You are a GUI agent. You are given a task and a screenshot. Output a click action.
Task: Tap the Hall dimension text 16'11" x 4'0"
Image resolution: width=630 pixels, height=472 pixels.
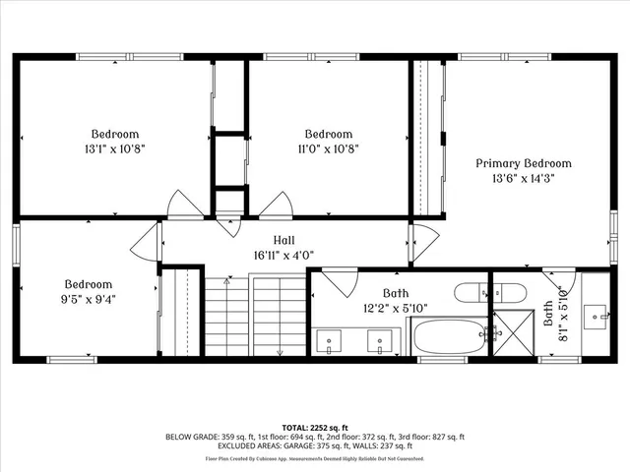point(285,254)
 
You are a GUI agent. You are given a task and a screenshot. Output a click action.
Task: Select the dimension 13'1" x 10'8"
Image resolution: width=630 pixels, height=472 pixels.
point(115,149)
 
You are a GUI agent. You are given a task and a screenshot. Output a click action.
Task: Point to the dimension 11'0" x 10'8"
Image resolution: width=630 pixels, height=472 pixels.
point(328,149)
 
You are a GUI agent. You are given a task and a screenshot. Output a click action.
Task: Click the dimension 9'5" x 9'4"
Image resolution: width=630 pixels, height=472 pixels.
point(89,301)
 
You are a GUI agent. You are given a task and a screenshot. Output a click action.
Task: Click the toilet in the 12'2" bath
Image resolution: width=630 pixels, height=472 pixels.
point(472,292)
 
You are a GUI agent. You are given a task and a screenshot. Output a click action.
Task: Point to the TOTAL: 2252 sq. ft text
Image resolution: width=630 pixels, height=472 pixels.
point(315,426)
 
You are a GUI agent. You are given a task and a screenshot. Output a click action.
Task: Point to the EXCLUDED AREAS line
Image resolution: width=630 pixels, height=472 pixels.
point(315,447)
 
